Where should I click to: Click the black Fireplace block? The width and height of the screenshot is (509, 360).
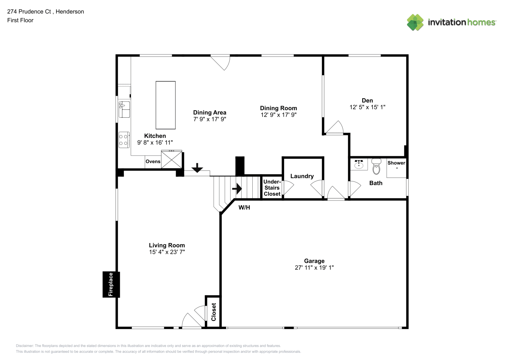[x=111, y=284]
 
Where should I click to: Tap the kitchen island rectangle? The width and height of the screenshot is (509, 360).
[x=166, y=105]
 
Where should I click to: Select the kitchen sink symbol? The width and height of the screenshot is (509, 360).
[x=124, y=109]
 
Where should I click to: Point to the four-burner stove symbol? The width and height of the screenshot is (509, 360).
[x=124, y=140]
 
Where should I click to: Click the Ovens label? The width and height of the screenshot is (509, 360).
[x=153, y=161]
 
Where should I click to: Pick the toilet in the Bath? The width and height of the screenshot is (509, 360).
[x=376, y=167]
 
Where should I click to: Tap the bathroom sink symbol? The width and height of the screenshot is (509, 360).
[x=359, y=164]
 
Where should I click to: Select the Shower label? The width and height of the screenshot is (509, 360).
[x=396, y=163]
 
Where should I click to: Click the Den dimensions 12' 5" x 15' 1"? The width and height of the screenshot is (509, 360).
[x=368, y=107]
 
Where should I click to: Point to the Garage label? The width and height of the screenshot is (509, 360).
[x=314, y=261]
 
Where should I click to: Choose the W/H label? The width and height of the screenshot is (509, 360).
[x=244, y=207]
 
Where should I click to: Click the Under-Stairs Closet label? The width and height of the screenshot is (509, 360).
[x=272, y=188]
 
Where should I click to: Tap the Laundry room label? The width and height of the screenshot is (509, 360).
[x=302, y=176]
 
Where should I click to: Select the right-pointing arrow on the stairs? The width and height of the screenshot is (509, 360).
[x=237, y=189]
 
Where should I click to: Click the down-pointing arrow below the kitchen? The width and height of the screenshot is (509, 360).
[x=197, y=168]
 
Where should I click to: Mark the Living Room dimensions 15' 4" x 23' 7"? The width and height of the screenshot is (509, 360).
[x=167, y=252]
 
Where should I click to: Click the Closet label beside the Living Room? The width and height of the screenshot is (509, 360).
[x=213, y=312]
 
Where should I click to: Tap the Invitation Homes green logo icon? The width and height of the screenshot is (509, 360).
[x=415, y=22]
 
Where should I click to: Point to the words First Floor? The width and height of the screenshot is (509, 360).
[x=20, y=20]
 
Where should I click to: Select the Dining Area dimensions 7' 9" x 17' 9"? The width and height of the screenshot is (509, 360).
[x=210, y=119]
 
